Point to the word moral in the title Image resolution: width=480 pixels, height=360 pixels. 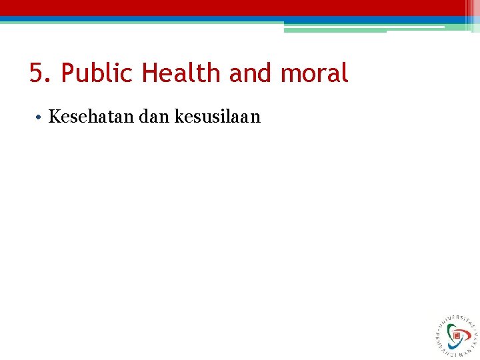pos(314,73)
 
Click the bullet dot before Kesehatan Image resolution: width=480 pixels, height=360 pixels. pos(40,118)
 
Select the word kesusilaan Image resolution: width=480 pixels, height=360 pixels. pos(217,117)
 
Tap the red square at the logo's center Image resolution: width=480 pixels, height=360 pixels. pos(457,336)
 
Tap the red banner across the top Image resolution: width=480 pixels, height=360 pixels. pos(240,7)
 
